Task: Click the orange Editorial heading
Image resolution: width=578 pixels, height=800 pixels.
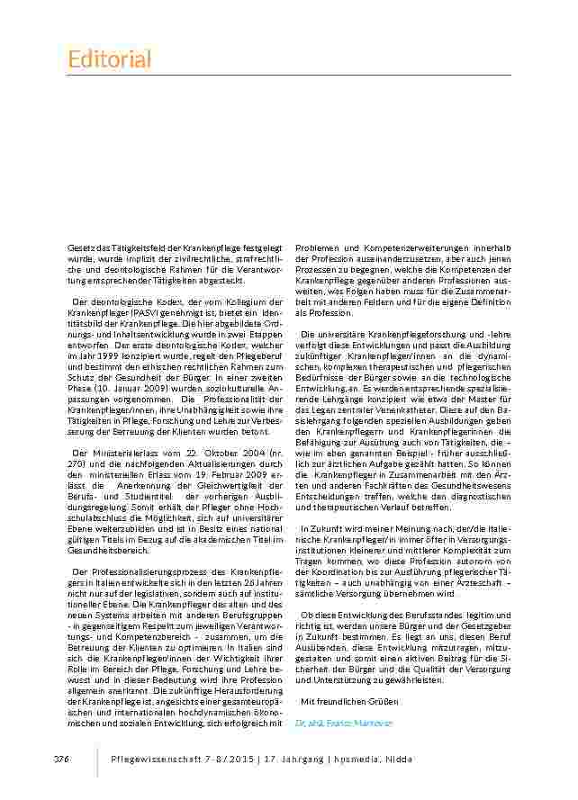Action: (110, 59)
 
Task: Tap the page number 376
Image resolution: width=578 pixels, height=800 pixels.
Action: (61, 760)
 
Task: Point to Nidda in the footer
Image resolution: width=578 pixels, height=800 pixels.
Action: (399, 760)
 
